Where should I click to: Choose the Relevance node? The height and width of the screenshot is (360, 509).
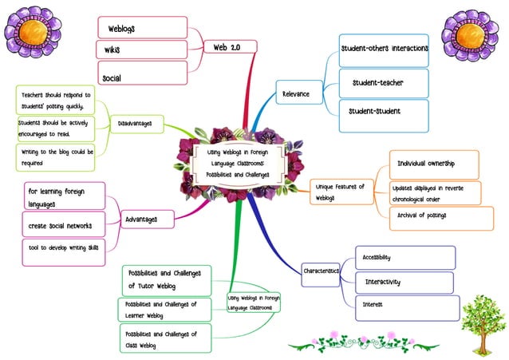(x=297, y=94)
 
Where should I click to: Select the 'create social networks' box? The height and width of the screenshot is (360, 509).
(x=65, y=225)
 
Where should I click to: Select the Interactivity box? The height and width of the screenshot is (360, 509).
(x=404, y=282)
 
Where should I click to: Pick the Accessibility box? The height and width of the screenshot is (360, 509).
(x=404, y=258)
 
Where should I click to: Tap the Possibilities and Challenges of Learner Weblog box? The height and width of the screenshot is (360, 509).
(x=164, y=310)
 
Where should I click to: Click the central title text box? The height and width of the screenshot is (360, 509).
(x=238, y=162)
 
